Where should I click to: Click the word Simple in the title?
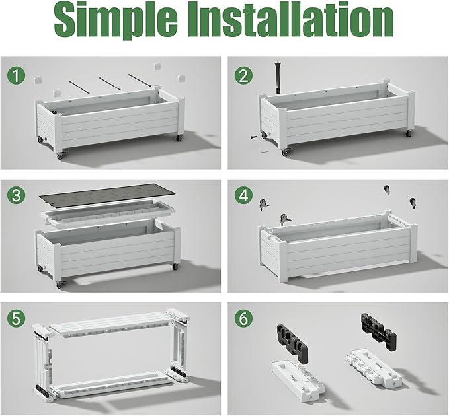(x=116, y=19)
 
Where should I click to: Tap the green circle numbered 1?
(x=17, y=75)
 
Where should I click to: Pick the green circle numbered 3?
(x=17, y=195)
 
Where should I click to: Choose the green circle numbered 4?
(x=243, y=195)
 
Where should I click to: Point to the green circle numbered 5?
(x=17, y=318)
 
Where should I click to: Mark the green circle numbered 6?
(x=243, y=318)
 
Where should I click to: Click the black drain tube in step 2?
(x=278, y=77)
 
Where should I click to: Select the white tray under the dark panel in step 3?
(x=108, y=214)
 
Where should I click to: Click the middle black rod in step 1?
(x=109, y=84)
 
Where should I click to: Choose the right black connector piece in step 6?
(x=378, y=329)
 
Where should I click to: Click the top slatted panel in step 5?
(x=110, y=325)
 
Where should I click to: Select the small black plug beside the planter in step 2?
(x=254, y=137)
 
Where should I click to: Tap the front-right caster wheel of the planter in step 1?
(x=179, y=138)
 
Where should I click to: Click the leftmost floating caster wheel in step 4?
(x=264, y=204)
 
